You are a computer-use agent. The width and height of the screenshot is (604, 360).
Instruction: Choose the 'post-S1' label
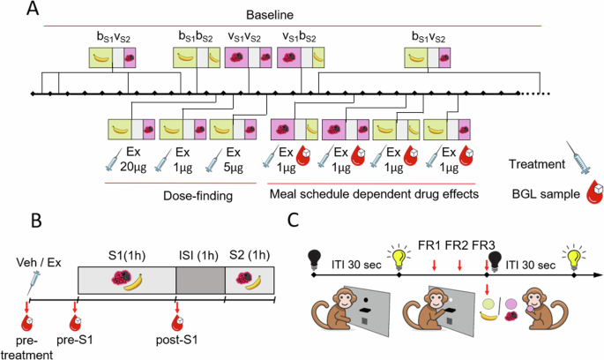(x=181, y=335)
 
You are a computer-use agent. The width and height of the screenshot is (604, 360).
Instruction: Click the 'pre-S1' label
(x=76, y=335)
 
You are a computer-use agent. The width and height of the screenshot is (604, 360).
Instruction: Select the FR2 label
(x=459, y=244)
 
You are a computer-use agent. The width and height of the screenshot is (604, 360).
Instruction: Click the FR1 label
(x=433, y=244)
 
